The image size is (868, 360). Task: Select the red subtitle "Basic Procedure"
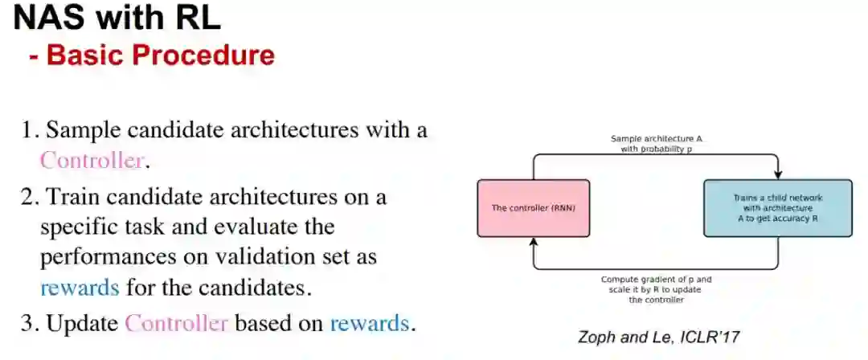160,55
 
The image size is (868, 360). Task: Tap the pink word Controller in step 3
177,324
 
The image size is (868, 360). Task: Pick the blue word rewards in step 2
80,287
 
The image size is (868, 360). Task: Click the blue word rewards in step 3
369,324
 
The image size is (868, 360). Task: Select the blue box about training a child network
777,208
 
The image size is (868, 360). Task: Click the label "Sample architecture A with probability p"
656,144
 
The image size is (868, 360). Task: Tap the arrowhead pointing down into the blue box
778,176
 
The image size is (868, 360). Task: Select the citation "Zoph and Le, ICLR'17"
658,337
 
